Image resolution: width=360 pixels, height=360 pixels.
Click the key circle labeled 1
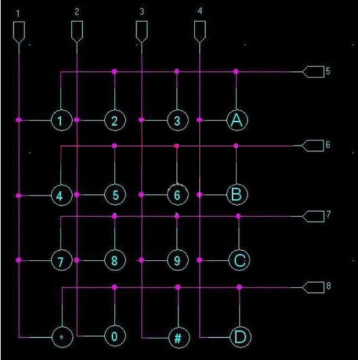point(59,120)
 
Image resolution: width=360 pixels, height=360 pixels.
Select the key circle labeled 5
point(114,194)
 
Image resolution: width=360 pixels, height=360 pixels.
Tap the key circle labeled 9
point(177,260)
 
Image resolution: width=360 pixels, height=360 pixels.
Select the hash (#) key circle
point(177,337)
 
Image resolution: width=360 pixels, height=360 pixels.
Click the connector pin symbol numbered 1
point(20,31)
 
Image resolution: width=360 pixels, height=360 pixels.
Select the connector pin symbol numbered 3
point(142,31)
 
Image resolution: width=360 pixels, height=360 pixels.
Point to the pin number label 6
point(328,145)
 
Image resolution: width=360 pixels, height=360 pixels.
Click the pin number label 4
point(200,11)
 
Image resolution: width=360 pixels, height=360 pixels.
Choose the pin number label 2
point(77,11)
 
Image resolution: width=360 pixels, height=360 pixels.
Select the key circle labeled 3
point(176,120)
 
